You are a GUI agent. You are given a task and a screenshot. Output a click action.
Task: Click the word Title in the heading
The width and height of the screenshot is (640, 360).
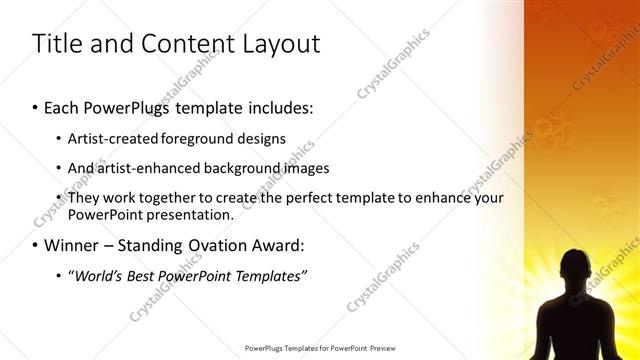(56, 44)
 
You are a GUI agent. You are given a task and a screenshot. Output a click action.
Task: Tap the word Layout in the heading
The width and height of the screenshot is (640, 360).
(277, 44)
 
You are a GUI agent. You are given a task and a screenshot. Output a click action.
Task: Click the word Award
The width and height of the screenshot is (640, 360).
(280, 245)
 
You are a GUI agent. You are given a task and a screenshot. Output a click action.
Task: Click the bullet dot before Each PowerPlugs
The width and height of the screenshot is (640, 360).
(35, 106)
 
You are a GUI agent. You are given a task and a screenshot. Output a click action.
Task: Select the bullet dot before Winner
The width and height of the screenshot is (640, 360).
(35, 246)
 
